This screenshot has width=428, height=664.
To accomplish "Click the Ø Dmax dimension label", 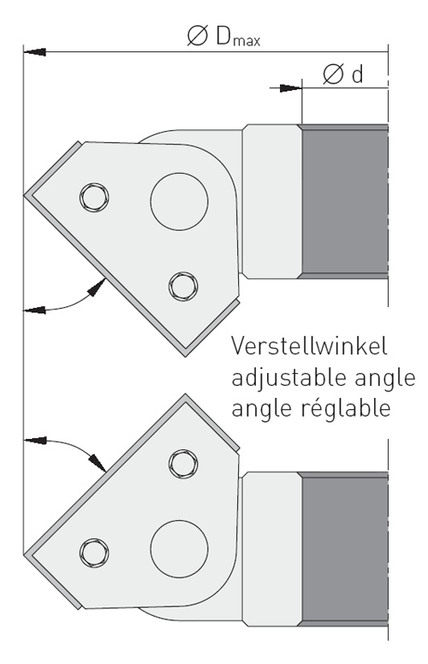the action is click(x=223, y=36).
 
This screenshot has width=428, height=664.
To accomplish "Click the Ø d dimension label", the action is click(x=343, y=74).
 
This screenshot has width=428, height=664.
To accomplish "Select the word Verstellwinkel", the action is click(x=309, y=346).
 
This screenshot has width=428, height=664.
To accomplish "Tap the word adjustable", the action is click(x=290, y=378).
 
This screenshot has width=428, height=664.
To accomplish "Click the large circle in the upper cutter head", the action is click(x=179, y=202).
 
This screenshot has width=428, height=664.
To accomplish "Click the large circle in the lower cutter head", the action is click(x=179, y=548).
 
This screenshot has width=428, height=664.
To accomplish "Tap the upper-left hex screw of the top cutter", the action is click(x=94, y=198).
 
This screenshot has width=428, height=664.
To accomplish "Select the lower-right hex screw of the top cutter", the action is click(x=183, y=287).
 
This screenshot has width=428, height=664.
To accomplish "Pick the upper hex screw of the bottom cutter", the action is click(x=183, y=464).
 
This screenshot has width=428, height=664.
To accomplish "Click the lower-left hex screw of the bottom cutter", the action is click(x=94, y=553).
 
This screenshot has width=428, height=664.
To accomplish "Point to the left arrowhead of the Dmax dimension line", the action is click(x=35, y=52).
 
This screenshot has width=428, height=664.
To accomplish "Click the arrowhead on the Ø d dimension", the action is click(x=291, y=88).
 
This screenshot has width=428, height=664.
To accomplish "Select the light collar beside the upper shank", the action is click(x=271, y=202).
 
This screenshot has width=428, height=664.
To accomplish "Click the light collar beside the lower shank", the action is click(x=271, y=549).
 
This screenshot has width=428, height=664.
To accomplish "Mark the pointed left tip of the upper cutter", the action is click(x=25, y=196).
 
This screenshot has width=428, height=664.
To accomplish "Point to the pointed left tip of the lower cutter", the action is click(x=25, y=554).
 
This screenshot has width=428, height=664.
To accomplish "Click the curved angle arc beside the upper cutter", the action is click(x=72, y=303).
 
